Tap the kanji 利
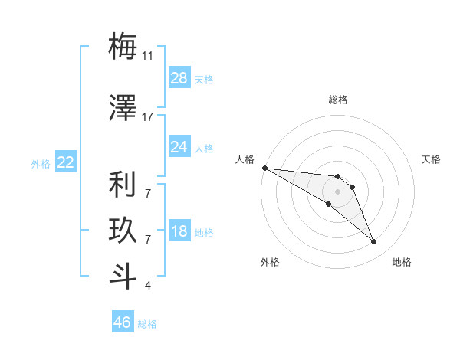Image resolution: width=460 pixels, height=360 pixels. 123,185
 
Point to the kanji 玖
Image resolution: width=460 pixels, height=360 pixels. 123,231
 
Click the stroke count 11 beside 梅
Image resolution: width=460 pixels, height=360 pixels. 148,56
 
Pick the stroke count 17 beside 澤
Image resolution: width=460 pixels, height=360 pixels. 148,116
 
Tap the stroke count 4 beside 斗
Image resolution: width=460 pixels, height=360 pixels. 148,285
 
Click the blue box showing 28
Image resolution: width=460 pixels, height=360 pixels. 179,77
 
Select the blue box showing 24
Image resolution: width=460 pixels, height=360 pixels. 179,146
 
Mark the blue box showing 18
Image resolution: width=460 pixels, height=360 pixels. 179,231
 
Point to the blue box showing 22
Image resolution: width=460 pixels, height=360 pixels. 66,162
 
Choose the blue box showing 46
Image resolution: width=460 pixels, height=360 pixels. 123,322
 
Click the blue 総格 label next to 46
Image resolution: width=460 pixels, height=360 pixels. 147,324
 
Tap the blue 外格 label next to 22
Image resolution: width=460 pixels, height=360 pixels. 41,164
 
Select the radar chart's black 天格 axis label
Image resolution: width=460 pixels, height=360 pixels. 431,159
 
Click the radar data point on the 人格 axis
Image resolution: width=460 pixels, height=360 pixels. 264,168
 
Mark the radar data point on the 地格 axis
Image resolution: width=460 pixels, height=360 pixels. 373,242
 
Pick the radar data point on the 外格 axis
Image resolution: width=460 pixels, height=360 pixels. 328,204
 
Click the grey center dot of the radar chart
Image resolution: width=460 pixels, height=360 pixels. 337,191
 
